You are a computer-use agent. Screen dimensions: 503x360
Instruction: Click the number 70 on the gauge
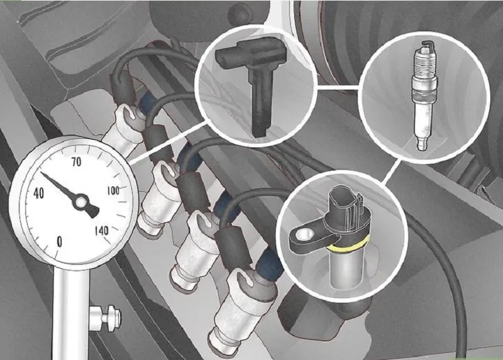coord(76,162)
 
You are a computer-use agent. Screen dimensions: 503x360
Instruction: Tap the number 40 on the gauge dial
coord(39,193)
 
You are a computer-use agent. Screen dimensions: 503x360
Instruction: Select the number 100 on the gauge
coord(113,191)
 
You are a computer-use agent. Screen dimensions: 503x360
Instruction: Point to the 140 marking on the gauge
coord(102,230)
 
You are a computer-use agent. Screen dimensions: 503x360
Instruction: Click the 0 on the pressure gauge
coord(59,241)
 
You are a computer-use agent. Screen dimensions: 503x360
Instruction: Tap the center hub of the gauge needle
coord(80,202)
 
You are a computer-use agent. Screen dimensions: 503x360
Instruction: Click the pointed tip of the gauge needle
coord(41,173)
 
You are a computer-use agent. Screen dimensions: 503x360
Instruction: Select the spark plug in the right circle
coord(423,96)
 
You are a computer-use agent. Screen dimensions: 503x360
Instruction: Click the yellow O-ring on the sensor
coord(349,247)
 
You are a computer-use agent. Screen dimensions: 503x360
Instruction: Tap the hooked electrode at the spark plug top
coord(429,45)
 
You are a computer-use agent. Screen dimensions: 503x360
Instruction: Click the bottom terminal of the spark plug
coord(422,143)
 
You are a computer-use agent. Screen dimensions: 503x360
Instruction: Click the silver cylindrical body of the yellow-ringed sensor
coord(347,268)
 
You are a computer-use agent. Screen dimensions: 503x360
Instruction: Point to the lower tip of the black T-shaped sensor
coord(260,134)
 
